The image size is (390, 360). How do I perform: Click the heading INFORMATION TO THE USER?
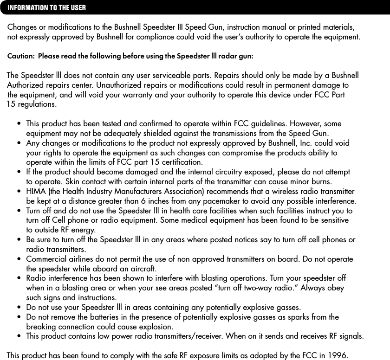pos(47,8)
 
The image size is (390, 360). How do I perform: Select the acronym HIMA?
pos(36,192)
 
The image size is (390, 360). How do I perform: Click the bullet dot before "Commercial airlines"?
pos(19,259)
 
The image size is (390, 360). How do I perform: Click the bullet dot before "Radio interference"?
pos(19,278)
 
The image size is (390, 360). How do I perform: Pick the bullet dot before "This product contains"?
pos(19,335)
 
